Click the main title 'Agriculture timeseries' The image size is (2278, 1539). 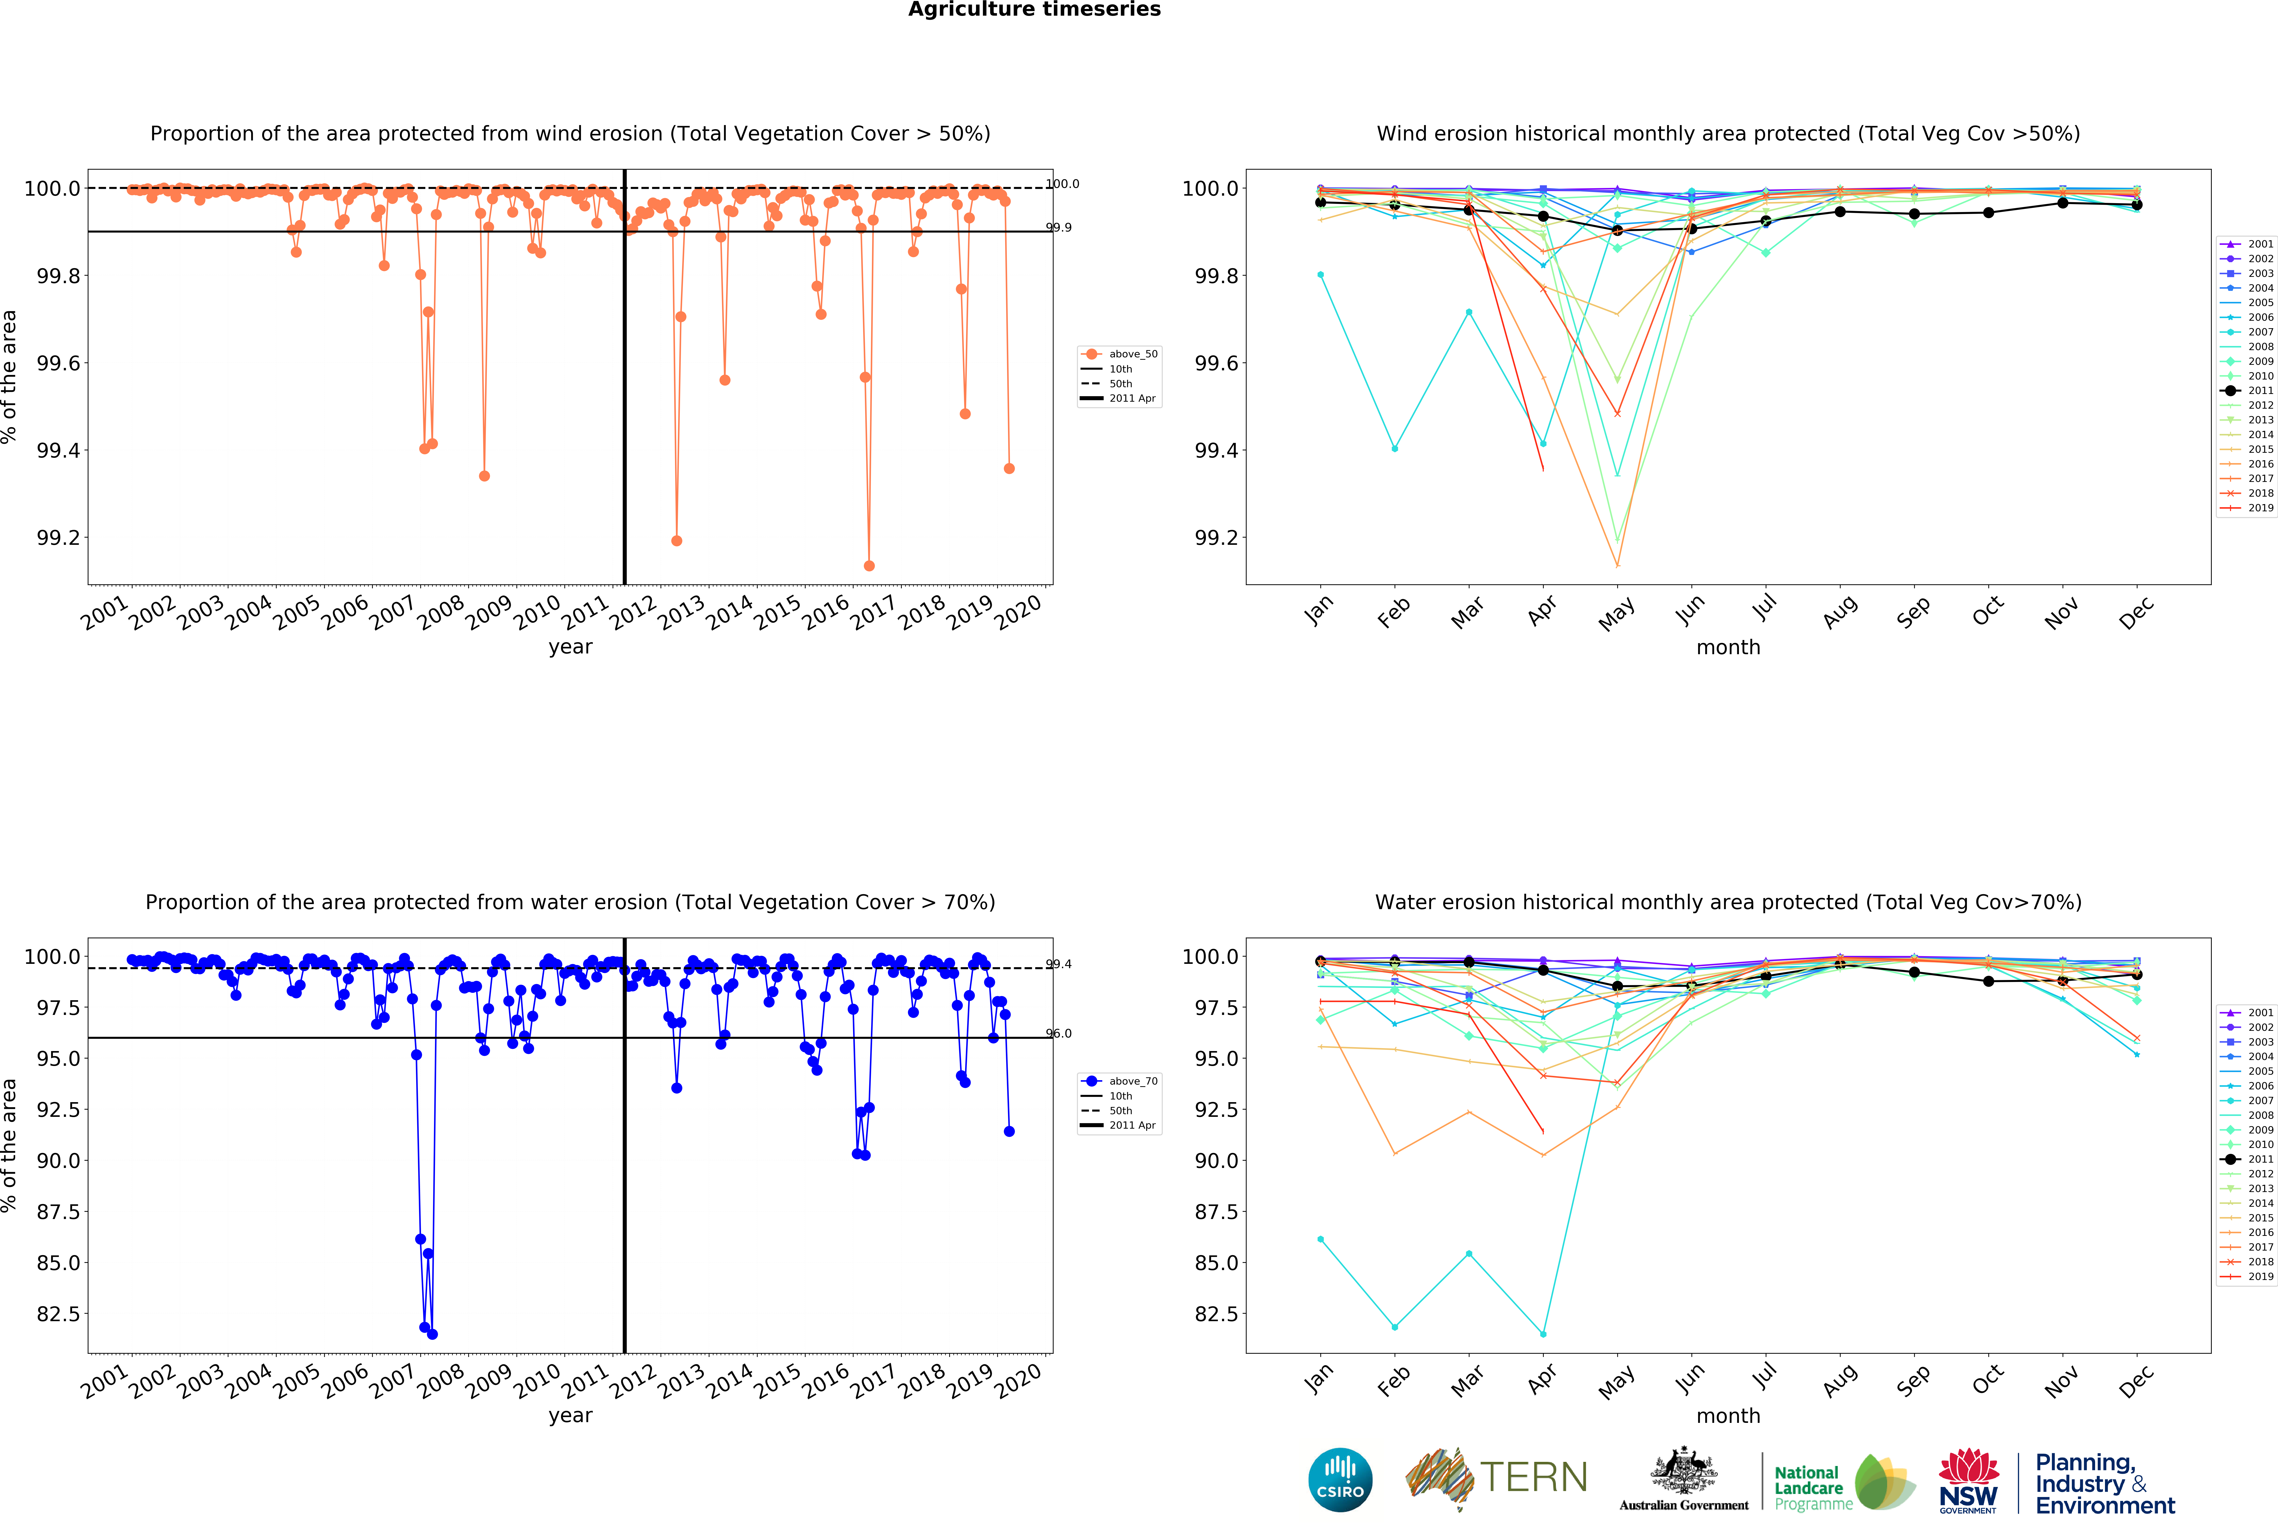pyautogui.click(x=1034, y=10)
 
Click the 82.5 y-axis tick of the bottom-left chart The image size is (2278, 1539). pyautogui.click(x=59, y=1314)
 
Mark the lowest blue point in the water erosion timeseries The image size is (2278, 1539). pyautogui.click(x=432, y=1334)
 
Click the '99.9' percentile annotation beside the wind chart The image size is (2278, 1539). pyautogui.click(x=1059, y=227)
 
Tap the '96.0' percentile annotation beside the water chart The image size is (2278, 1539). pyautogui.click(x=1059, y=1033)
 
